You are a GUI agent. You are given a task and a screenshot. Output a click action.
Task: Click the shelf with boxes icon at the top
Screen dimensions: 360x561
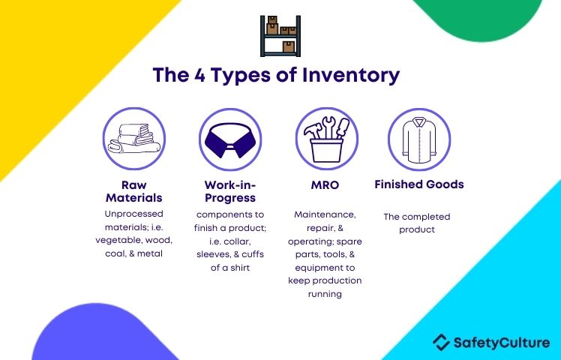(x=280, y=35)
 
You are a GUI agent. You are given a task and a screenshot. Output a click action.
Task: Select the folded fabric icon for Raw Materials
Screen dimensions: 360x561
(x=134, y=139)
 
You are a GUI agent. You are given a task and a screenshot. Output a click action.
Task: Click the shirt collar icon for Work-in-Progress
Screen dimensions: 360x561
(x=229, y=139)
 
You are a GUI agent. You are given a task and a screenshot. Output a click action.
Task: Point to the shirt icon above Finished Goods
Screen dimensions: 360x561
(x=419, y=139)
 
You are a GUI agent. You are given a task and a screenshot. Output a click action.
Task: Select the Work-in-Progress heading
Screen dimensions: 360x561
(x=230, y=191)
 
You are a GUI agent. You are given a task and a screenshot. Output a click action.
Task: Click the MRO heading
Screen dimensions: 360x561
(x=325, y=184)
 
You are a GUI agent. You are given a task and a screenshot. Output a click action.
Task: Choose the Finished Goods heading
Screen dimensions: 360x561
(x=419, y=184)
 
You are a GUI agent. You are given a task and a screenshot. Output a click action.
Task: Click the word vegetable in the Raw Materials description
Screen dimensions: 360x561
(x=121, y=241)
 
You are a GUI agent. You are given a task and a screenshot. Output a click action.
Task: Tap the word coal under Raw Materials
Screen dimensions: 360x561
(x=115, y=254)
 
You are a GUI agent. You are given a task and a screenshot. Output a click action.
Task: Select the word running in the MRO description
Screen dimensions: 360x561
(x=325, y=295)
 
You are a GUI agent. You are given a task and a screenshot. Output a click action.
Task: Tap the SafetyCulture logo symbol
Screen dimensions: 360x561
(x=442, y=343)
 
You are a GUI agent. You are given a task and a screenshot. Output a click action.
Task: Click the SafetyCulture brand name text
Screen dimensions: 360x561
(x=501, y=343)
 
